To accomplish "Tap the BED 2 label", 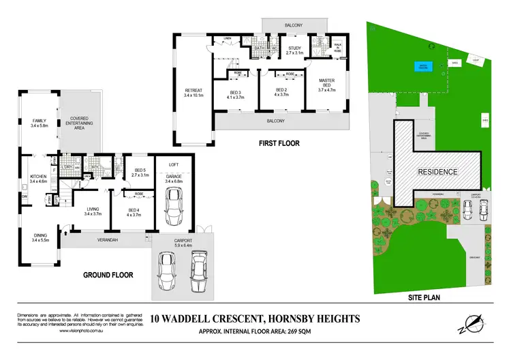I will pos(282,91).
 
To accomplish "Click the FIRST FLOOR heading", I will pos(278,143).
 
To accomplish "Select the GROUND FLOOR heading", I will pos(109,275).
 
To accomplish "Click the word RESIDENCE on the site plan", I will pos(437,172).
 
